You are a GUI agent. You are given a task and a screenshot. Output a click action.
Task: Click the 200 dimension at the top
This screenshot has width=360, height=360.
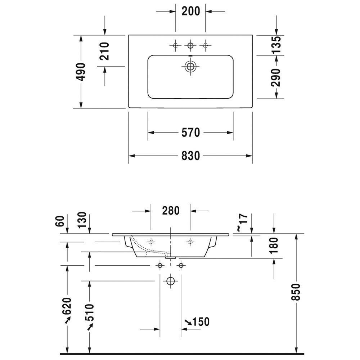(x=190, y=11)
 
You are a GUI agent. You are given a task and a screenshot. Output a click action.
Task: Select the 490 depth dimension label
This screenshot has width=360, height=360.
(x=81, y=72)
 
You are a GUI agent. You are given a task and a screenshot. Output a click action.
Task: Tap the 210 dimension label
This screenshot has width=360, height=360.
(x=104, y=51)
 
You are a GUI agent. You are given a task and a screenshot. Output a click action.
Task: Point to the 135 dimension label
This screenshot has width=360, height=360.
(x=276, y=45)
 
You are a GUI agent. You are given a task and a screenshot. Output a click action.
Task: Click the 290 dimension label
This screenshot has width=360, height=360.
(x=276, y=77)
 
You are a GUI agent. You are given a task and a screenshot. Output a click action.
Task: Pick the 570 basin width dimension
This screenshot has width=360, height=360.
(x=190, y=132)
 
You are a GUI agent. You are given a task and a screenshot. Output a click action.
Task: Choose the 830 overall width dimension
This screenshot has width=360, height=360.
(x=190, y=156)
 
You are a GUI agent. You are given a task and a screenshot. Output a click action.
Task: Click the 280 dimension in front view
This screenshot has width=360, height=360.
(x=171, y=211)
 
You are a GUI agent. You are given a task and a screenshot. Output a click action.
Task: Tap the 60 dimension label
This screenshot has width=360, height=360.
(x=60, y=221)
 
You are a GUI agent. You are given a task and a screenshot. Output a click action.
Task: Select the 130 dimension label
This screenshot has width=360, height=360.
(x=82, y=220)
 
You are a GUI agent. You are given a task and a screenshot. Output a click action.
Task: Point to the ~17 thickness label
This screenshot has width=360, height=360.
(x=242, y=222)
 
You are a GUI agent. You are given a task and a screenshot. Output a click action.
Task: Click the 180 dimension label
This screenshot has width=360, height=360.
(x=274, y=246)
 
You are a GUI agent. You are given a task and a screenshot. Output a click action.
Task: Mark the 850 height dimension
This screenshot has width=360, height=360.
(x=296, y=292)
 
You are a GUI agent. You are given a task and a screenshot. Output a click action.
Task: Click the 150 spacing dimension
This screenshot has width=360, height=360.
(x=197, y=321)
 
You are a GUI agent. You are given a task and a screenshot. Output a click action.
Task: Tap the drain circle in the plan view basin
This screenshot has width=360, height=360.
(x=190, y=67)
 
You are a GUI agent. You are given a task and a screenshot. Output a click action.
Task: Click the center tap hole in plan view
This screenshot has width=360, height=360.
(x=190, y=45)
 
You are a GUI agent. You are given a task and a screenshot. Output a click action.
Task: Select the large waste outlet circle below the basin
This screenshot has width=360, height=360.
(x=171, y=281)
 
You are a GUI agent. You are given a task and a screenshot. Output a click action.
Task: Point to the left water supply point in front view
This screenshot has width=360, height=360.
(x=160, y=266)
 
